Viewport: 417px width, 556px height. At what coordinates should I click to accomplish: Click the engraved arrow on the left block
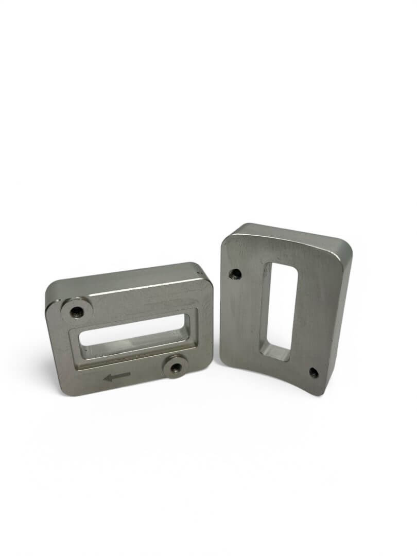pos(117,378)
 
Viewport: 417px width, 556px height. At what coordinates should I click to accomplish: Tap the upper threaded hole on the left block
pos(77,311)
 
